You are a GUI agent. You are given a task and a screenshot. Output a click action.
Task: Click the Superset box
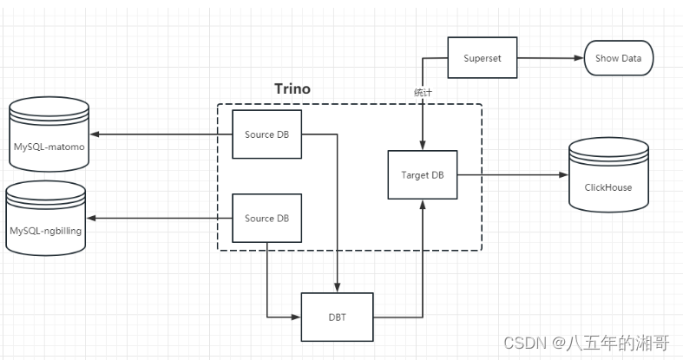[482, 59]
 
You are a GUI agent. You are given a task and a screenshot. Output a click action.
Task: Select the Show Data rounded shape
[618, 59]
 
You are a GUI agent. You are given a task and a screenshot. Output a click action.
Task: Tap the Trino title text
[292, 88]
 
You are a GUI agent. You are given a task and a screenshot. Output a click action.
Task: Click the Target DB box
[422, 174]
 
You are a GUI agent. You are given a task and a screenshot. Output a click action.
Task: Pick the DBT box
[337, 317]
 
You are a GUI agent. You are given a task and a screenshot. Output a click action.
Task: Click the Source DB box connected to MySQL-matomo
[266, 134]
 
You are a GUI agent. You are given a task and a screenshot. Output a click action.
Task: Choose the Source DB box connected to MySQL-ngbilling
[266, 218]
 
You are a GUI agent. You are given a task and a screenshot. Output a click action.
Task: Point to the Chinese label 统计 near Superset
[423, 91]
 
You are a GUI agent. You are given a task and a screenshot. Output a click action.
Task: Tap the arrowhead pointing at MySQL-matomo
[95, 134]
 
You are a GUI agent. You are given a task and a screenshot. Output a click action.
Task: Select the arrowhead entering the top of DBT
[337, 288]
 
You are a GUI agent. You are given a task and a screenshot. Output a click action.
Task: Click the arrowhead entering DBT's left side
[296, 317]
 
